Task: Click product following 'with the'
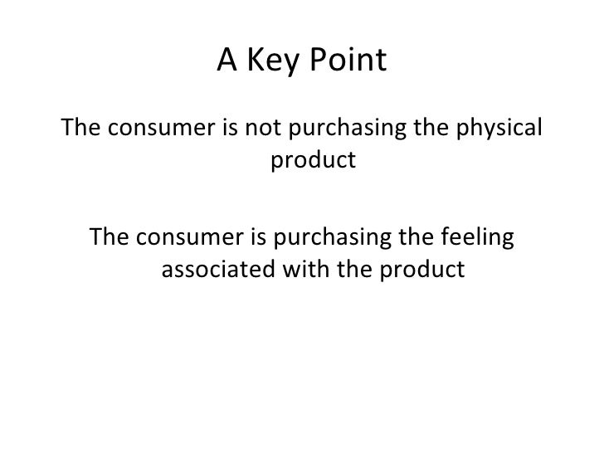tap(420, 270)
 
